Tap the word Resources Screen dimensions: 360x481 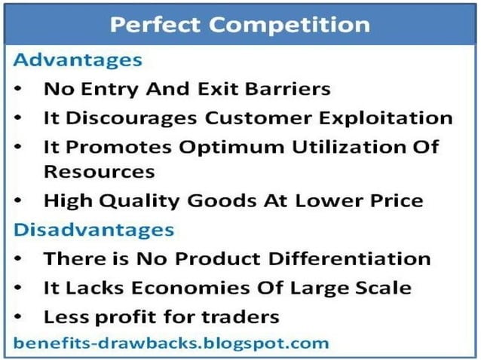tap(99, 171)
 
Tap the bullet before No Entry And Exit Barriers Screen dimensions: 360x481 tap(21, 89)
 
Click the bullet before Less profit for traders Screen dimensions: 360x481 tap(21, 316)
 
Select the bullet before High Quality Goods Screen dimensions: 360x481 tap(21, 202)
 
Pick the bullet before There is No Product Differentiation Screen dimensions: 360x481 tap(21, 259)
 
